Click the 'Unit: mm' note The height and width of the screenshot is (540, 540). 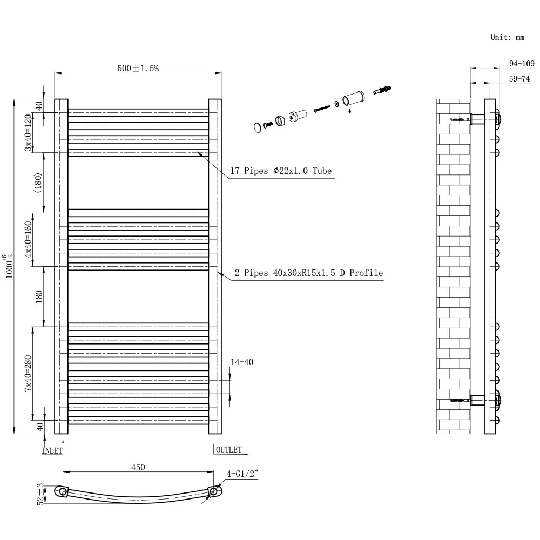pyautogui.click(x=507, y=37)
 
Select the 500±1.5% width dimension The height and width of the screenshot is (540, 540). pyautogui.click(x=138, y=68)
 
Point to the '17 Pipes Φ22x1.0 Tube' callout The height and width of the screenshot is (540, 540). pyautogui.click(x=281, y=171)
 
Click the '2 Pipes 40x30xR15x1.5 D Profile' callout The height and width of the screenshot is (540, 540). pyautogui.click(x=308, y=273)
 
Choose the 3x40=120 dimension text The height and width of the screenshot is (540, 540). pyautogui.click(x=28, y=133)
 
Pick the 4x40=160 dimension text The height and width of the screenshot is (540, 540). pyautogui.click(x=28, y=239)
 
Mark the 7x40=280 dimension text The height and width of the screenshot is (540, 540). pyautogui.click(x=28, y=373)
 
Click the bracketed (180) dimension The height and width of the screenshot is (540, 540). pyautogui.click(x=38, y=183)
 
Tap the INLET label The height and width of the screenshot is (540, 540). pyautogui.click(x=52, y=451)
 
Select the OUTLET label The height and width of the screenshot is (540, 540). pyautogui.click(x=228, y=449)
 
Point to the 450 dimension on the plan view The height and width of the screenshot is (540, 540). pyautogui.click(x=138, y=467)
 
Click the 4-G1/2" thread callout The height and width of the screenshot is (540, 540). pyautogui.click(x=242, y=474)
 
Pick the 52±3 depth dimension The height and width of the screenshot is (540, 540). pyautogui.click(x=40, y=494)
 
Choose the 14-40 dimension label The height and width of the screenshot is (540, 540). pyautogui.click(x=242, y=362)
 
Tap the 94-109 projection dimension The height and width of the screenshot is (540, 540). pyautogui.click(x=522, y=64)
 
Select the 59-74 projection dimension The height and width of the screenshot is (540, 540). pyautogui.click(x=519, y=79)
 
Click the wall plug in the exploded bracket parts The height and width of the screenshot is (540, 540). pyautogui.click(x=382, y=90)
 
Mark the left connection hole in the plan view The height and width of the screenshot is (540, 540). pyautogui.click(x=63, y=491)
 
